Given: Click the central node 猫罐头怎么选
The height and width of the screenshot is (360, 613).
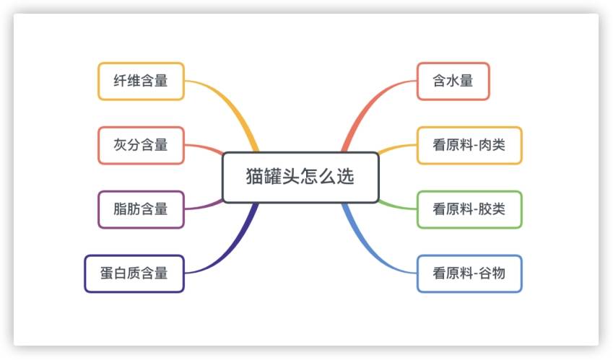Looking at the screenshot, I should click(x=300, y=177).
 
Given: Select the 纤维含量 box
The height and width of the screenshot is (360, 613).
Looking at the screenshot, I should click(x=141, y=81).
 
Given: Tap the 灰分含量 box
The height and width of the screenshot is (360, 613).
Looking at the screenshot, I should click(x=141, y=145).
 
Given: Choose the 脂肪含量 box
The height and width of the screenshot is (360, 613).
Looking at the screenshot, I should click(x=141, y=209).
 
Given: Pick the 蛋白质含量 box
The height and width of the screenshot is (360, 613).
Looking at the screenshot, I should click(x=134, y=273).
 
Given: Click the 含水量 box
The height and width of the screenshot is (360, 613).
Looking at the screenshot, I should click(x=453, y=81).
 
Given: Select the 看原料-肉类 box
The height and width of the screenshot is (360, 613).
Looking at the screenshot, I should click(x=469, y=145).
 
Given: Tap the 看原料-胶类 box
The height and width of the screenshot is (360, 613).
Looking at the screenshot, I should click(x=469, y=209).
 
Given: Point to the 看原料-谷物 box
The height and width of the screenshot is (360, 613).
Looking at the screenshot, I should click(x=469, y=273).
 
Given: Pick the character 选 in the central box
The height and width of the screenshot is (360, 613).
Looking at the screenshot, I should click(x=346, y=177).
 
